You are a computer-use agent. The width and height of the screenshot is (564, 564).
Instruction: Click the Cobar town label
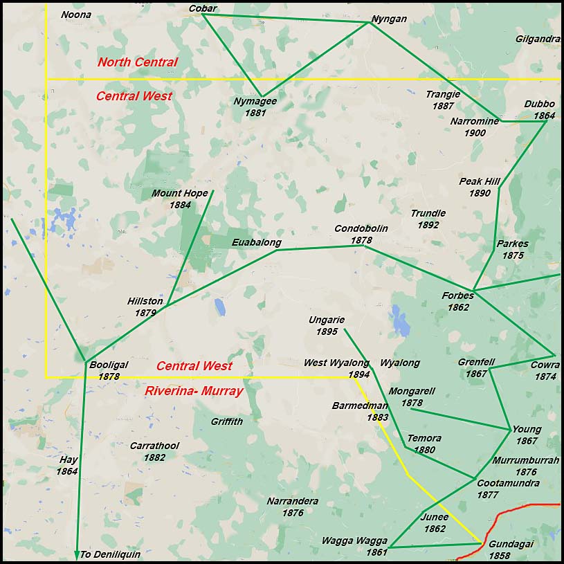tap(203, 8)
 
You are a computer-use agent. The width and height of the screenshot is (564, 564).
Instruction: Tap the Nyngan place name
tap(389, 19)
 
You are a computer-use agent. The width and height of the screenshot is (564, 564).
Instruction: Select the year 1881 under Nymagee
tap(255, 112)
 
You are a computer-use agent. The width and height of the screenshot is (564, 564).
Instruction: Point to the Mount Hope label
tap(179, 193)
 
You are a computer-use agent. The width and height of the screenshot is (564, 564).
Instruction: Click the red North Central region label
tap(137, 62)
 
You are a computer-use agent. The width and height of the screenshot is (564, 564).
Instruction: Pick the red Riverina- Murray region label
tap(194, 391)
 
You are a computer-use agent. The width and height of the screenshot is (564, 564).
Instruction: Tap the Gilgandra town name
tap(537, 39)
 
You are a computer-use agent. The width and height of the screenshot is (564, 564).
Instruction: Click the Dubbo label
tap(539, 104)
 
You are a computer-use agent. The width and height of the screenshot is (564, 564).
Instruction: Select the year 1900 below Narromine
tap(475, 133)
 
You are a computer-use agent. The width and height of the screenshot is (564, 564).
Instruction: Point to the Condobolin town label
tap(361, 229)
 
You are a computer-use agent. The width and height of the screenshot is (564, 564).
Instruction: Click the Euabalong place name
tap(257, 242)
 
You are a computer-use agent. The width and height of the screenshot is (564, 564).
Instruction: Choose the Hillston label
tap(145, 301)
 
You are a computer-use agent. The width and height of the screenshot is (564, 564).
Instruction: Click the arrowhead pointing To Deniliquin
tap(76, 555)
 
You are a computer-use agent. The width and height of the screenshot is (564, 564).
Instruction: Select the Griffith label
tap(227, 421)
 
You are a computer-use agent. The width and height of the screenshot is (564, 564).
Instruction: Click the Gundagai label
tap(511, 544)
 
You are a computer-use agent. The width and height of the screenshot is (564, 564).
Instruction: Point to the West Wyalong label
tap(337, 363)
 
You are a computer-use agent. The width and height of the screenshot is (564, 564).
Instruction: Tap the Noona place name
tap(76, 15)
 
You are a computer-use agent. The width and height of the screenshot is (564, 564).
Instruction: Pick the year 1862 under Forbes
tap(457, 307)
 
